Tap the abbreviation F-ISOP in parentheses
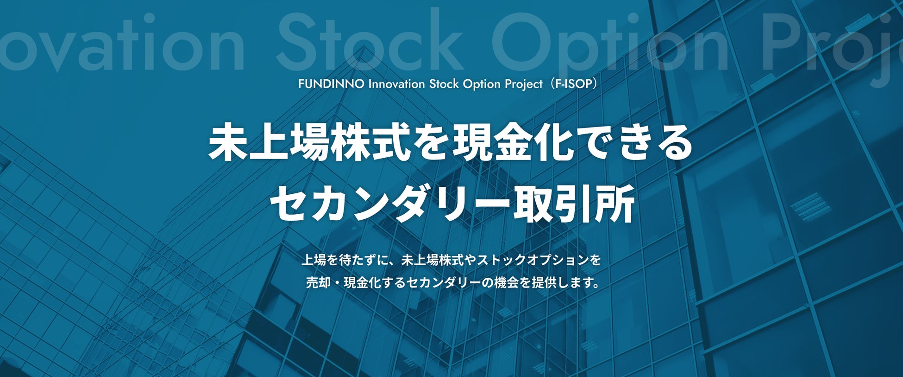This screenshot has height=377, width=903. [573, 84]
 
